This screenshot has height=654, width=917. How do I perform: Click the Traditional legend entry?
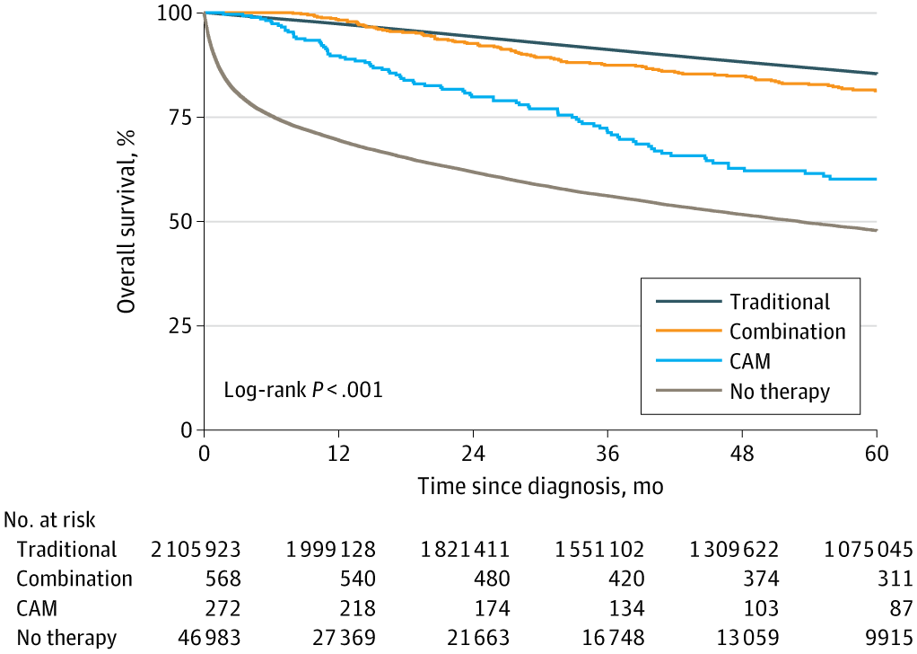779,302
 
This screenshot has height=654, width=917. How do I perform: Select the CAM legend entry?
749,361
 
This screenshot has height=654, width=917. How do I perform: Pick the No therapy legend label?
779,391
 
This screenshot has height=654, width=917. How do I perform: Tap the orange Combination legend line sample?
688,331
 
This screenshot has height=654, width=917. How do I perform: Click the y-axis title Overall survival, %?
127,220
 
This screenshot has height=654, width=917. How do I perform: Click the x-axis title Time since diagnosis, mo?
539,486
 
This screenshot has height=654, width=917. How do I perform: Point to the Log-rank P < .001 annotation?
303,391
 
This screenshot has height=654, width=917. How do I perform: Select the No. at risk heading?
49,519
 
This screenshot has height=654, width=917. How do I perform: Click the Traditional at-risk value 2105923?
196,549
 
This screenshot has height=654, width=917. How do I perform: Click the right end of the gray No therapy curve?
876,231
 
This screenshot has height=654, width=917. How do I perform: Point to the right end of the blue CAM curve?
876,180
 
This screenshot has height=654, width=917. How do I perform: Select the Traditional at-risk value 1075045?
868,549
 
